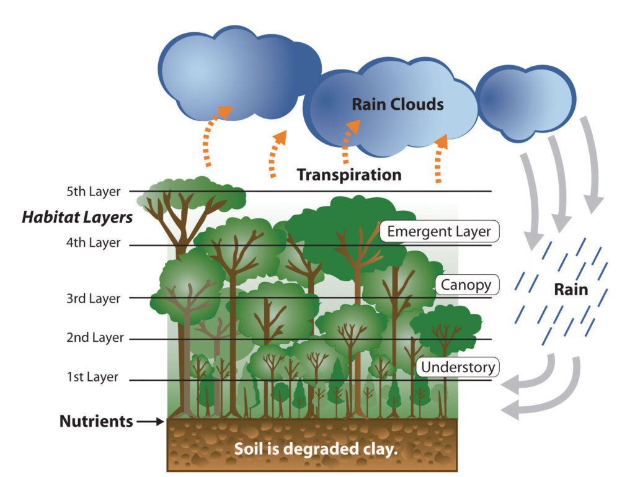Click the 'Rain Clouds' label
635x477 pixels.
coord(397,104)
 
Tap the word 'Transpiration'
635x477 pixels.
coord(349,175)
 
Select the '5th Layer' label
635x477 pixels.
coord(93,191)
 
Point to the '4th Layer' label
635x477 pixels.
coord(93,243)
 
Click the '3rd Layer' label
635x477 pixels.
coord(93,298)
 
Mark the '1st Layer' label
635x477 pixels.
coord(92,377)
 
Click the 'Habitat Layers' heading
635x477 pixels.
coord(77,218)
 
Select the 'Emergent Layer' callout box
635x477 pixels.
coord(439,232)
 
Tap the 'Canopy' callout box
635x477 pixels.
coord(466,285)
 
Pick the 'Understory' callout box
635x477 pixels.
coord(458,367)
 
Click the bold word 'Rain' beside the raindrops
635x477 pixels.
coord(571,290)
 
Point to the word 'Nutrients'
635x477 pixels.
coord(96,422)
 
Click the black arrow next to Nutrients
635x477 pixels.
coord(149,422)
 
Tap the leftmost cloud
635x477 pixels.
coord(236,71)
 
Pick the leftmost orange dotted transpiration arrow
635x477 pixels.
coord(214,136)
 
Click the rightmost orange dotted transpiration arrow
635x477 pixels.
coord(440,158)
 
